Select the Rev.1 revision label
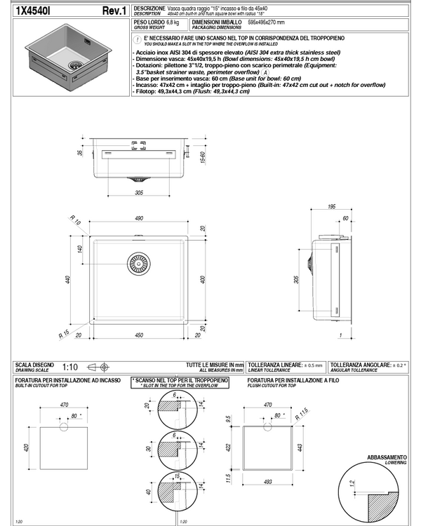(x=114, y=11)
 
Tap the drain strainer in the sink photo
(x=73, y=63)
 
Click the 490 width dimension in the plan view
(x=140, y=220)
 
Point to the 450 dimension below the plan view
(x=140, y=335)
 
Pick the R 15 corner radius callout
(x=64, y=333)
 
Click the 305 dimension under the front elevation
(x=139, y=191)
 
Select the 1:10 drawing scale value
(x=70, y=366)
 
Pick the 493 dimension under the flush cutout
(x=269, y=482)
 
